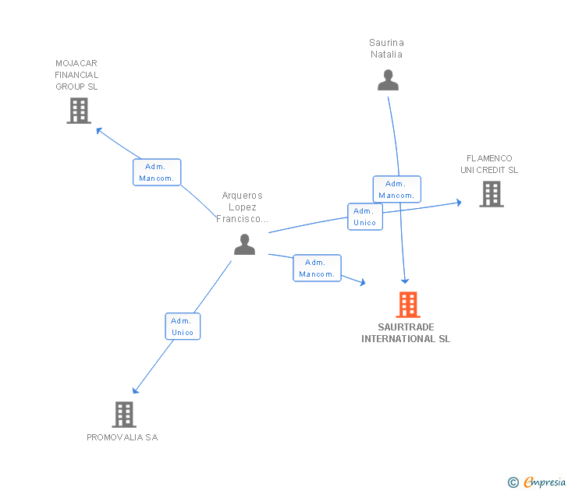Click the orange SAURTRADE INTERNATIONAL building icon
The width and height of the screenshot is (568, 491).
pyautogui.click(x=408, y=304)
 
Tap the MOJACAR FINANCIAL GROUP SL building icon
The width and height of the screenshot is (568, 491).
pyautogui.click(x=79, y=111)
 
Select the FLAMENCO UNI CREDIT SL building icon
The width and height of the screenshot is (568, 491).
pyautogui.click(x=492, y=194)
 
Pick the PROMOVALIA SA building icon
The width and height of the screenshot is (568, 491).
pyautogui.click(x=124, y=415)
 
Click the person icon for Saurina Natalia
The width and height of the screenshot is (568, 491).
pyautogui.click(x=388, y=80)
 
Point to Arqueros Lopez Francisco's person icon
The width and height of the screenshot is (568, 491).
pyautogui.click(x=244, y=245)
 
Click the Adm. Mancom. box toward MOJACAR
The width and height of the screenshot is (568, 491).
pyautogui.click(x=157, y=172)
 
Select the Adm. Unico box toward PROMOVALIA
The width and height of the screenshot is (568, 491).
pyautogui.click(x=183, y=327)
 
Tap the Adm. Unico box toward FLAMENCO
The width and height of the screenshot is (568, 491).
pyautogui.click(x=365, y=217)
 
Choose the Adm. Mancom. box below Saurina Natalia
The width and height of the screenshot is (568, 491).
pyautogui.click(x=397, y=189)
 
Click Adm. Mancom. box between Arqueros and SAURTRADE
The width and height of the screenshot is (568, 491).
pyautogui.click(x=317, y=268)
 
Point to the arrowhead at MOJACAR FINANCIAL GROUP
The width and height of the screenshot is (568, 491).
pyautogui.click(x=99, y=130)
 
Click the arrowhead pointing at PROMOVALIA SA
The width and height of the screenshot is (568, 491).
pyautogui.click(x=136, y=390)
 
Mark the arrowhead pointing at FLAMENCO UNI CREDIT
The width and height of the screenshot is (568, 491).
pyautogui.click(x=459, y=203)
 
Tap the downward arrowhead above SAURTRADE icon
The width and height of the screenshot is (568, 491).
pyautogui.click(x=405, y=281)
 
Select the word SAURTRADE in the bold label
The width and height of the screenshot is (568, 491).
pyautogui.click(x=406, y=327)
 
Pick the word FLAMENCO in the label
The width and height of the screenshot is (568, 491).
pyautogui.click(x=489, y=158)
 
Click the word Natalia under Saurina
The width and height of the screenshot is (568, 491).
pyautogui.click(x=386, y=55)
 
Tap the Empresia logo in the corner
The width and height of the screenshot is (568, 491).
pyautogui.click(x=537, y=482)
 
